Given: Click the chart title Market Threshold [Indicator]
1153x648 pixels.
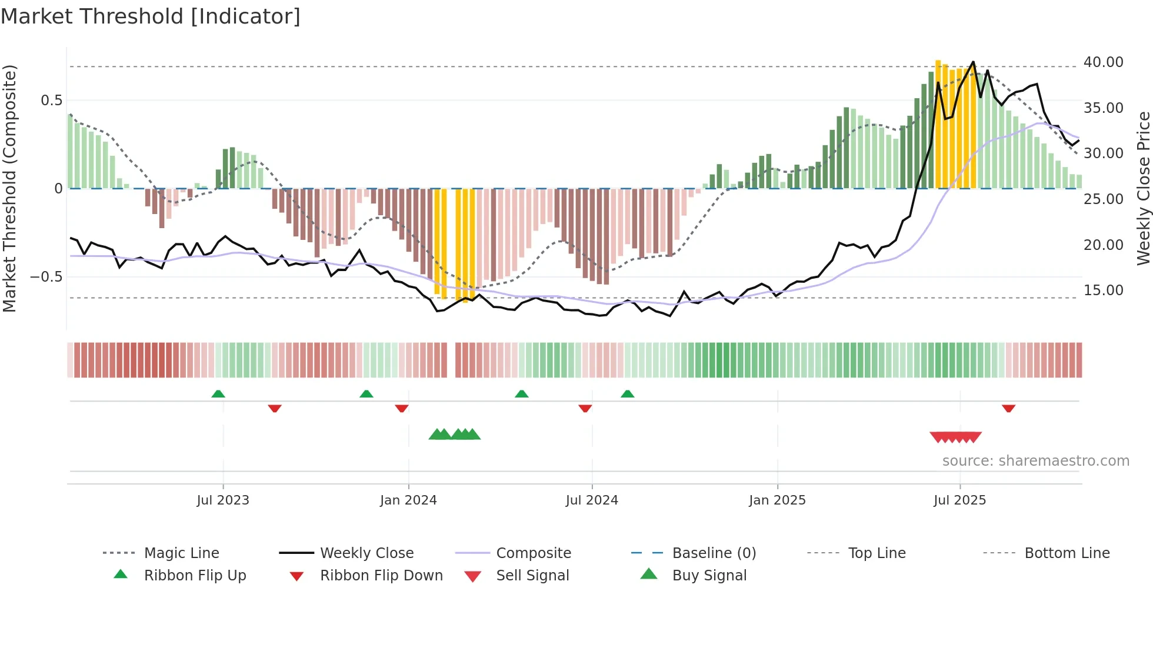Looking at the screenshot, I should (151, 16).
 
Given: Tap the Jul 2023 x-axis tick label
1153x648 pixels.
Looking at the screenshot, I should (223, 500).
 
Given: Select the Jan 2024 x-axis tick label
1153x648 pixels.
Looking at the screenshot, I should (408, 500).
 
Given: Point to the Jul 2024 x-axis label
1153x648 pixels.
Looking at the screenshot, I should (592, 500).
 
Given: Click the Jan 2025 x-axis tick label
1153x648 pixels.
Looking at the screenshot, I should (777, 500).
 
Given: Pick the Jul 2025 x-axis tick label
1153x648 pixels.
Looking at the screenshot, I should (959, 500).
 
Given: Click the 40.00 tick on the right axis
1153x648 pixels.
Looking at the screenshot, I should (1103, 62).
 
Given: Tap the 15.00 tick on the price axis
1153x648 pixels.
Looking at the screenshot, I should (1103, 290).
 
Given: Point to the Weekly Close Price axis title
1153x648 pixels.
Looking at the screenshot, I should (1143, 188).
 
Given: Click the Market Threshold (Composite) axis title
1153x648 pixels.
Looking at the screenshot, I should (9, 188).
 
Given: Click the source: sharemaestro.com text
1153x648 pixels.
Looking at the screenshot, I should (1035, 461).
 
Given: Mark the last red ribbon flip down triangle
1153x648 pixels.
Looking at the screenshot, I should (1008, 408).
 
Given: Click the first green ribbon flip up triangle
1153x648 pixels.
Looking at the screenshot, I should (218, 393).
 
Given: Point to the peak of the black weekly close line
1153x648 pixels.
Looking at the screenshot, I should (973, 62).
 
